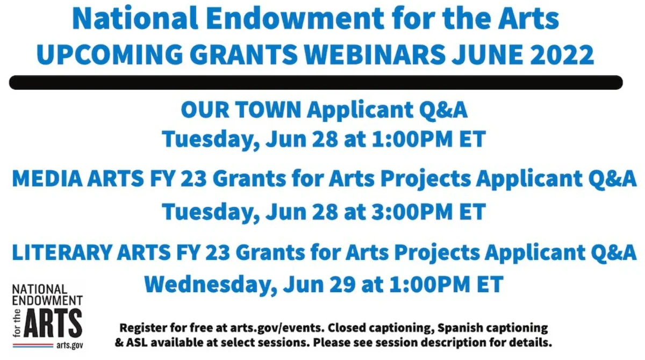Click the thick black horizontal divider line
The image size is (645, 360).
[316, 83]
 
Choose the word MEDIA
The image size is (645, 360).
[47, 179]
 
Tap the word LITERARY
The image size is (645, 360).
[62, 253]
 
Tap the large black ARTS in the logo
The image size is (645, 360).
[53, 322]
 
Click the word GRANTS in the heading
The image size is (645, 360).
[243, 54]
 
